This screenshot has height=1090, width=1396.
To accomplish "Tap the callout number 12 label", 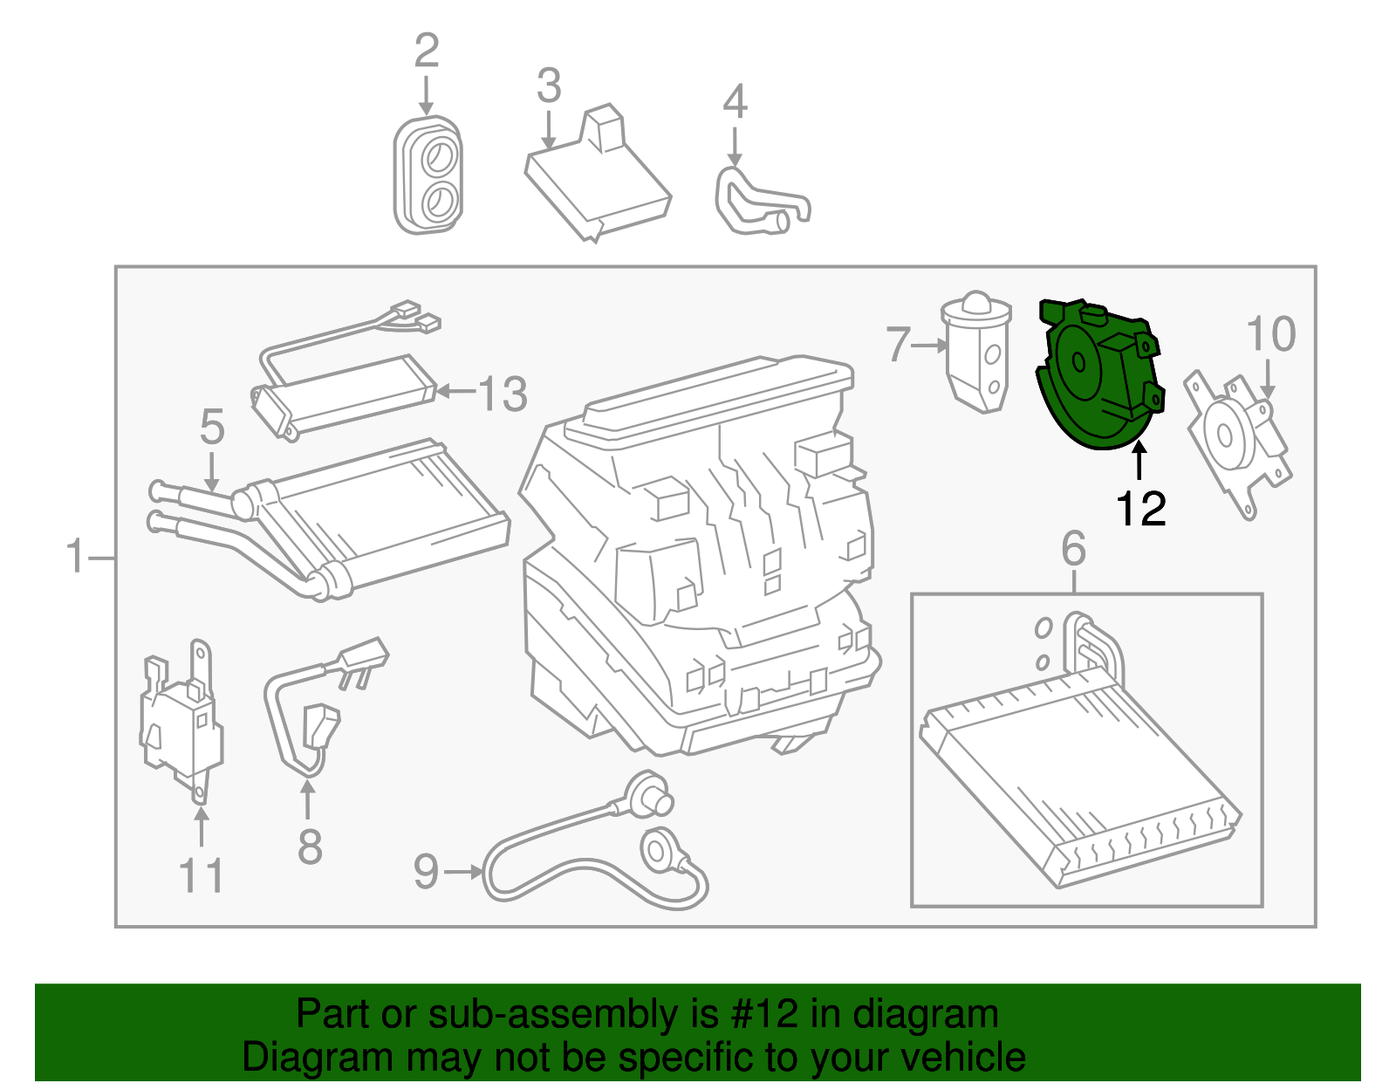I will [1141, 509].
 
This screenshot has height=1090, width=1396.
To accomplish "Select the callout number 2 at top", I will [426, 51].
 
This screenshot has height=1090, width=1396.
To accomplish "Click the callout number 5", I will [212, 428].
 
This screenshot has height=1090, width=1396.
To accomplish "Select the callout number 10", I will [1271, 334].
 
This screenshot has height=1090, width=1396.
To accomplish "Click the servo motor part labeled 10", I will [1235, 441].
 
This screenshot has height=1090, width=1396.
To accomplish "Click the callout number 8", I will [310, 847].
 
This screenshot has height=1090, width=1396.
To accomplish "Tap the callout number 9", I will [426, 871].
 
